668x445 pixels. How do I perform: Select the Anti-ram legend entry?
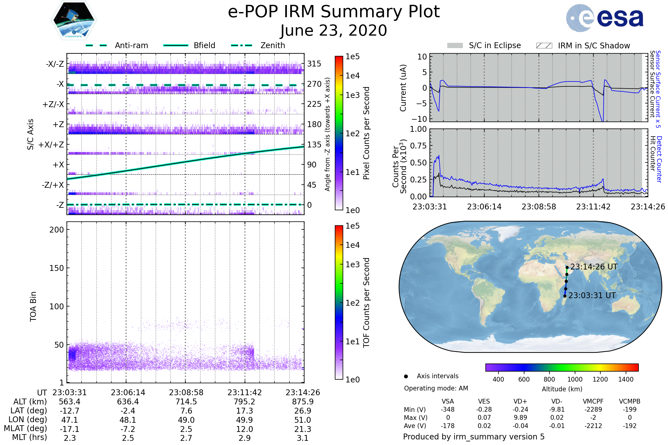pos(131,45)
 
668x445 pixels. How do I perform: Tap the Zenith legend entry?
pos(272,45)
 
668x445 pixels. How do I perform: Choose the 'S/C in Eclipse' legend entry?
pos(495,45)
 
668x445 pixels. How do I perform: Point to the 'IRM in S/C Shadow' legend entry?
pos(594,46)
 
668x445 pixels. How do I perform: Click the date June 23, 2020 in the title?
pos(334,31)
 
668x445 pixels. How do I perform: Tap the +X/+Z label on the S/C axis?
pos(51,145)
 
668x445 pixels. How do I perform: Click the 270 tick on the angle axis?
pos(314,84)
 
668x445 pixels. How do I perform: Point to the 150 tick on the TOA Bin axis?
pos(57,268)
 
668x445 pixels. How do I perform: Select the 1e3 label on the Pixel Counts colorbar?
pos(352,95)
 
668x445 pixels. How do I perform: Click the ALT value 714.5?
pos(186,402)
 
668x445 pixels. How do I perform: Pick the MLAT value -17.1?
pos(70,429)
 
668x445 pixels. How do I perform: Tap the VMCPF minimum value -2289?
pos(593,409)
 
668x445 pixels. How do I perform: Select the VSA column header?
pos(448,401)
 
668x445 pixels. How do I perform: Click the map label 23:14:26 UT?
pos(594,267)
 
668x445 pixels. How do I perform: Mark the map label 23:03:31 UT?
pos(592,295)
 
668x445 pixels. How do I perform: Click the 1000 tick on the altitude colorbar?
pos(575,379)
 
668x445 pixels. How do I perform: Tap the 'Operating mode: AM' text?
pos(436,388)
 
